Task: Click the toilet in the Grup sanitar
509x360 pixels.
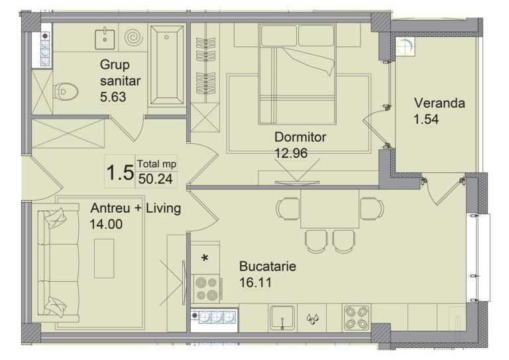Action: tap(66, 92)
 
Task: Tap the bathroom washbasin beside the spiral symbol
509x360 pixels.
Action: tap(105, 39)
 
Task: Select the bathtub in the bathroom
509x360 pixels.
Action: tap(167, 65)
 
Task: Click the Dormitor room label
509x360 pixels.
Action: tap(300, 137)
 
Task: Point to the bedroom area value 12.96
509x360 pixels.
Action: tap(291, 153)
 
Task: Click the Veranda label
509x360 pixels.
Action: tap(439, 103)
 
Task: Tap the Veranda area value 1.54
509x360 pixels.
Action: tap(426, 119)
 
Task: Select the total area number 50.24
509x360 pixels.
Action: tap(156, 179)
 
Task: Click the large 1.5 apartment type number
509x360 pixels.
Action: tap(120, 172)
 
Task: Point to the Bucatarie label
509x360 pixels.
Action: tap(268, 267)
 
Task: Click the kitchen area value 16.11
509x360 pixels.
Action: tap(255, 282)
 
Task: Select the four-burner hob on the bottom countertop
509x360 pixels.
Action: tap(357, 318)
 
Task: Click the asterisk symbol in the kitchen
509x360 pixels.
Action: tap(205, 259)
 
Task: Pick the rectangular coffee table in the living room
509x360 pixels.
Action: tap(104, 259)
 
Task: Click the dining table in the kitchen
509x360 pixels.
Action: tap(330, 209)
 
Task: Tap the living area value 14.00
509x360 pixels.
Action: tap(106, 224)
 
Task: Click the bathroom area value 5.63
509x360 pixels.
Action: tap(113, 97)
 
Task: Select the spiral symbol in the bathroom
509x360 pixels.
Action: tap(133, 38)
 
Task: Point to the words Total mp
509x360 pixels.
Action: tap(156, 164)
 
